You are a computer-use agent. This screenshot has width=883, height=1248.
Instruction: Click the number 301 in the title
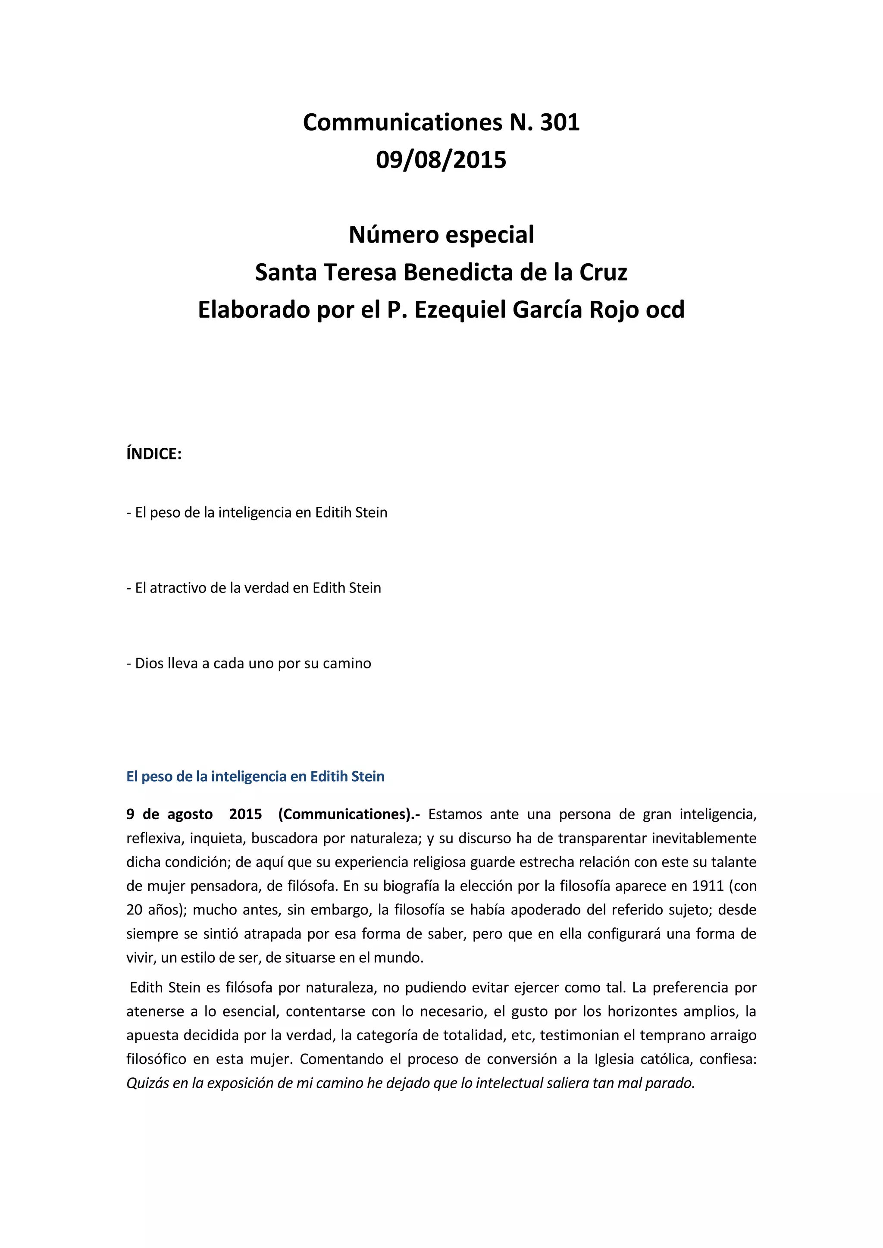click(560, 122)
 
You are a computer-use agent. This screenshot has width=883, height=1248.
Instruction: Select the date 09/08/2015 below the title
click(441, 160)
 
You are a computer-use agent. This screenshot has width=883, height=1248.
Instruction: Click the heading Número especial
click(441, 235)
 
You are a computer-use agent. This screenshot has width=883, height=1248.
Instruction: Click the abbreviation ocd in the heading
click(665, 310)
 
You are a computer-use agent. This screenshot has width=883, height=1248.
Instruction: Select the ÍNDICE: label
click(154, 454)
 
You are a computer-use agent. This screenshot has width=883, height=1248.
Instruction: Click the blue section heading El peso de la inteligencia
click(255, 776)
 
